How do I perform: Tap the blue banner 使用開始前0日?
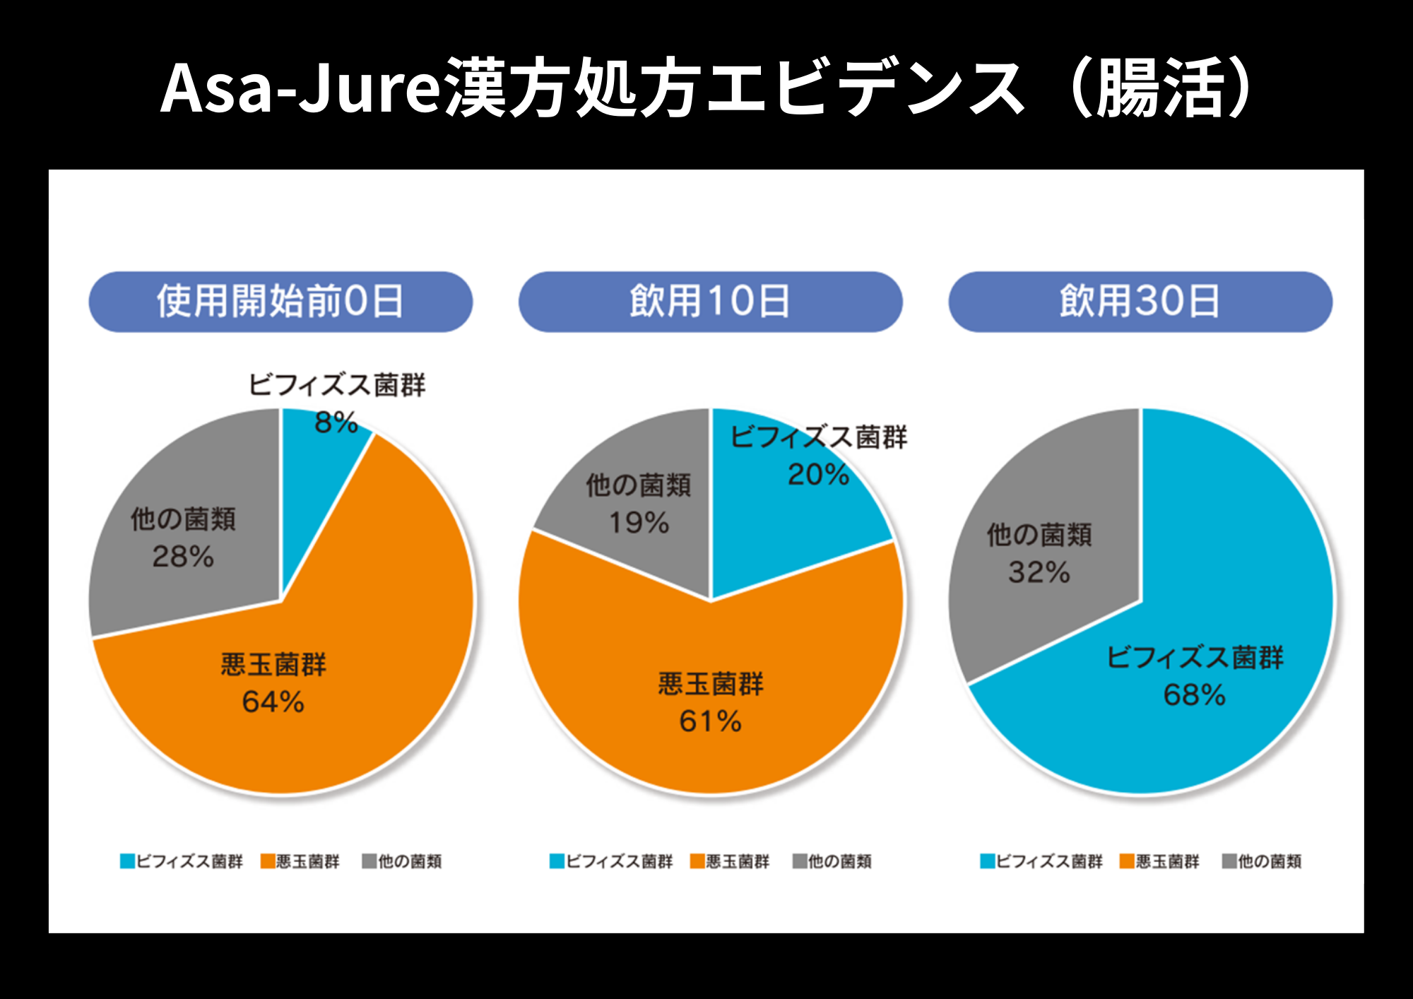(280, 302)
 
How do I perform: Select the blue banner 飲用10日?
(710, 302)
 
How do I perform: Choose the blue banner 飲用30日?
(1140, 302)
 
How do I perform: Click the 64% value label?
(273, 702)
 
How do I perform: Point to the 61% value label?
(710, 721)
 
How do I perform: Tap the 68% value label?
(1194, 695)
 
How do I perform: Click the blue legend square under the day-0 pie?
(127, 861)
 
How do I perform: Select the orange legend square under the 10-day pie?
(697, 861)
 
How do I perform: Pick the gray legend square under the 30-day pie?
(1229, 861)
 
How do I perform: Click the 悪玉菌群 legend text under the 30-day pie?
(1167, 861)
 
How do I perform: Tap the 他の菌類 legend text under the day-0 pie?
(410, 861)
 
